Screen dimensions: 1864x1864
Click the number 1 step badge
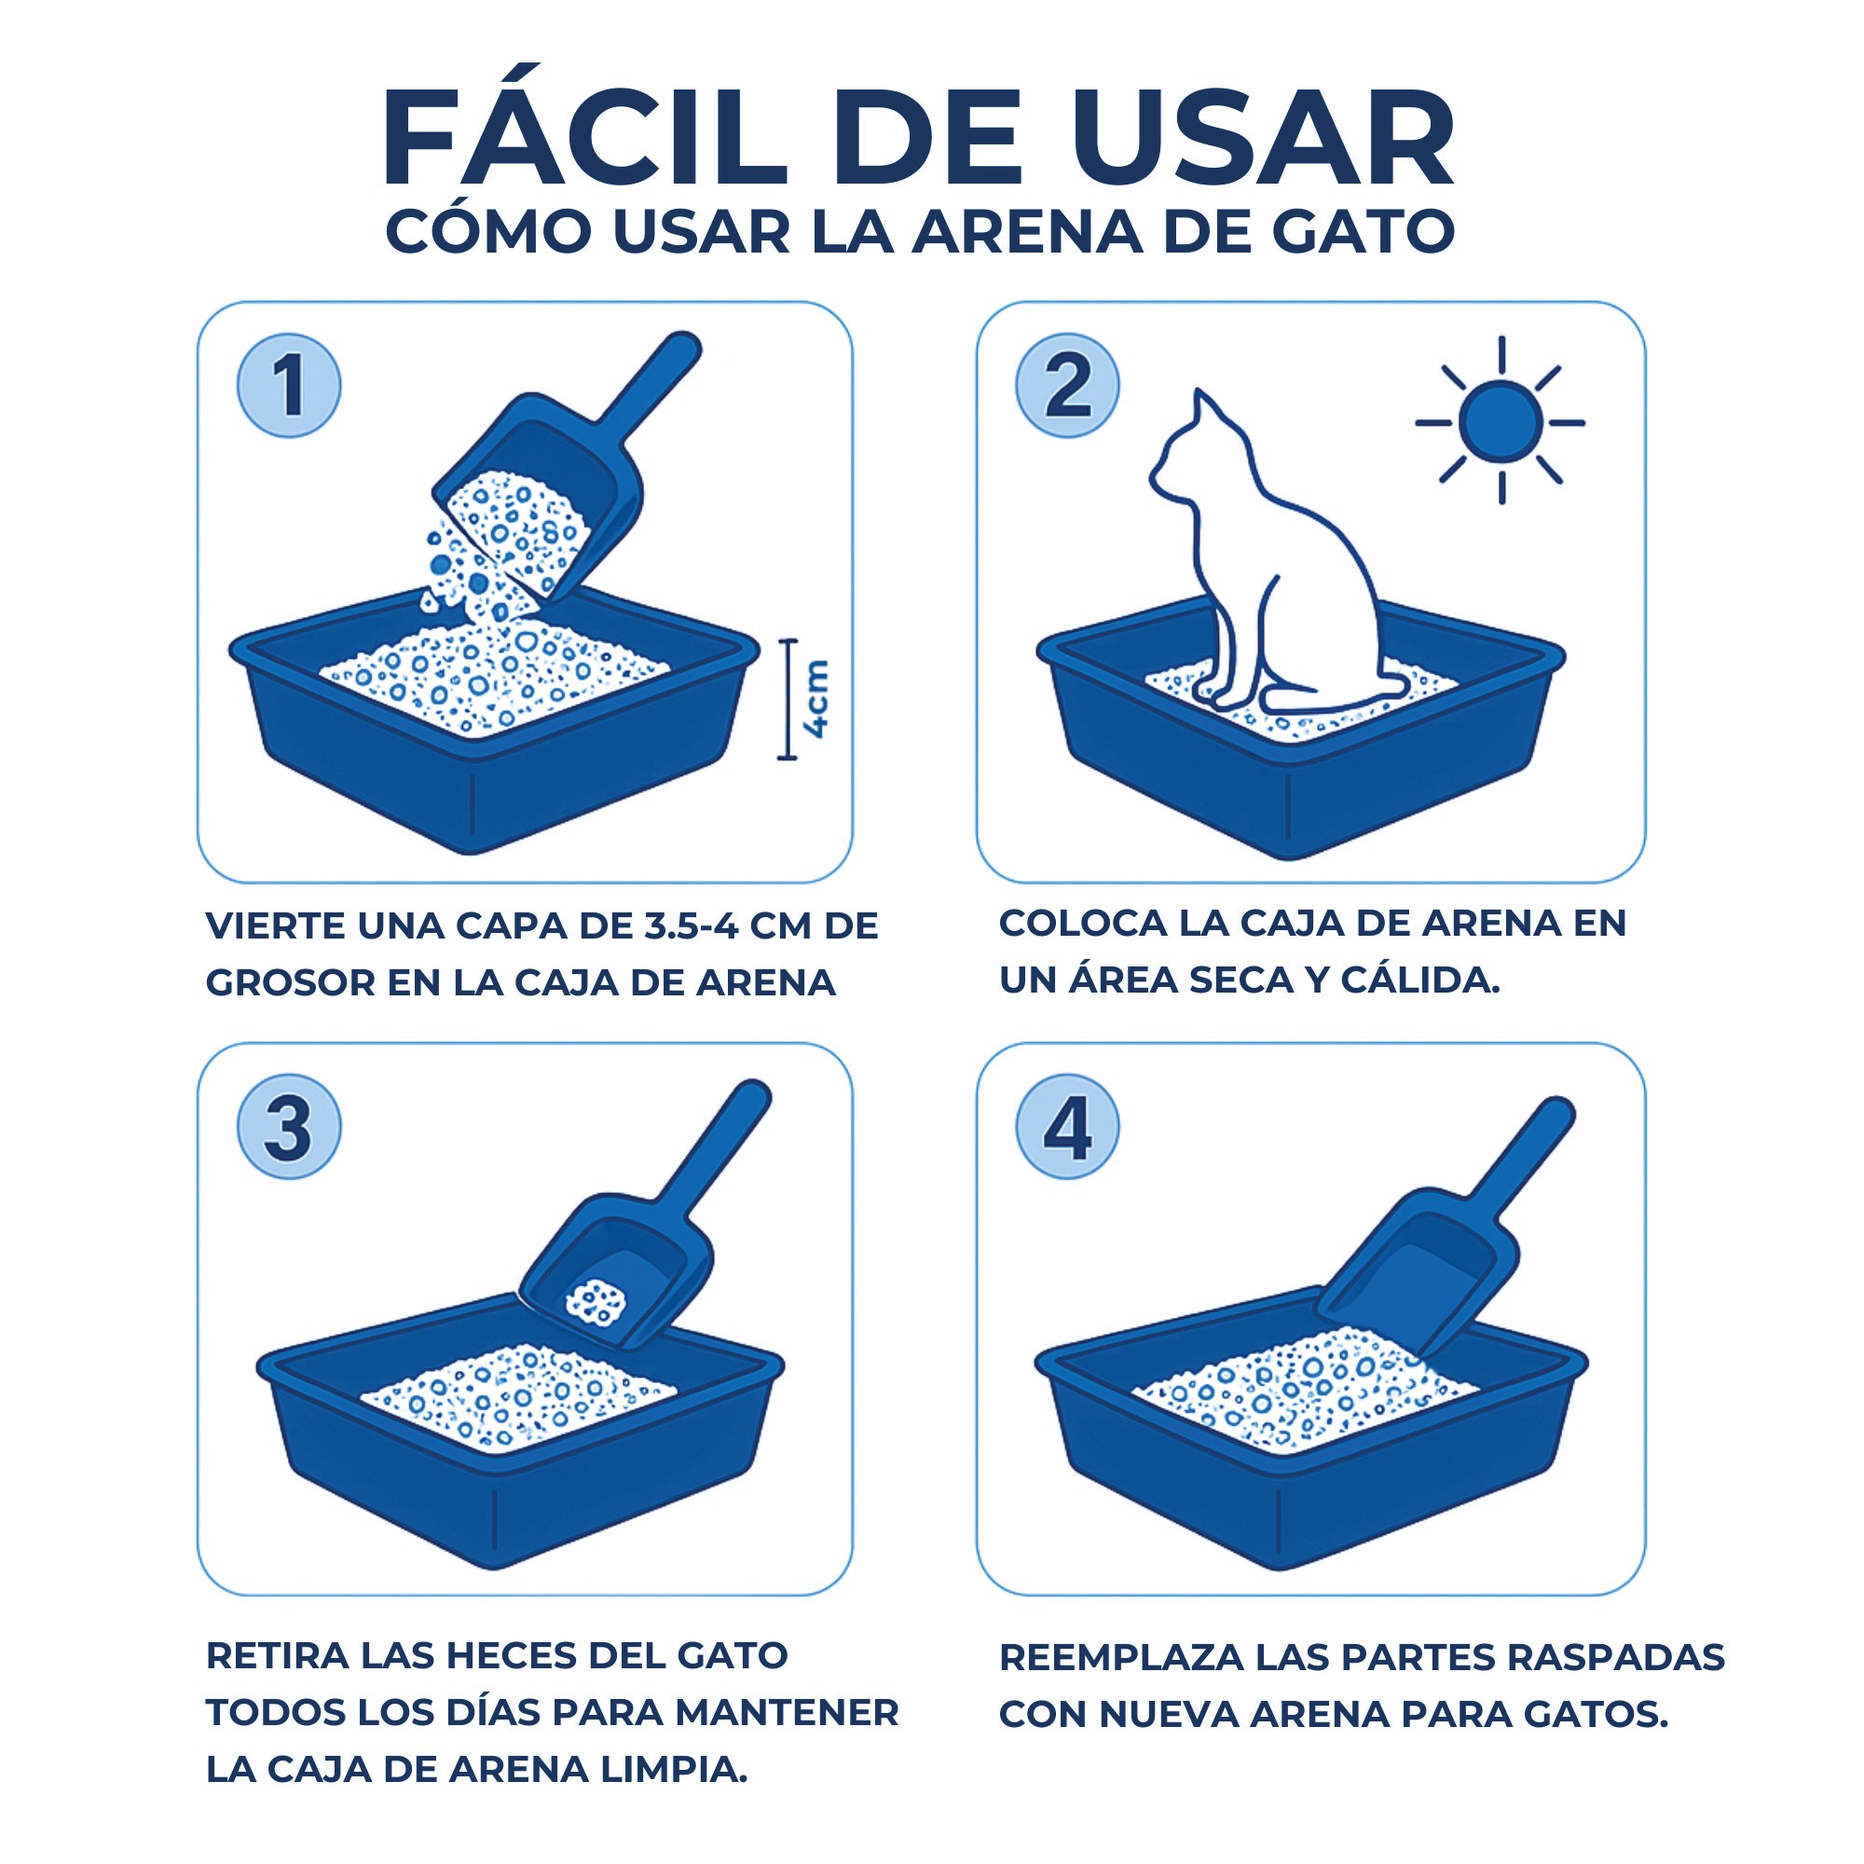289,386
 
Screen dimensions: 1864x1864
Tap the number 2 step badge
1067,386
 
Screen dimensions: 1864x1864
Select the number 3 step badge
289,1127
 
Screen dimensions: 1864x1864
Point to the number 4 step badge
1067,1127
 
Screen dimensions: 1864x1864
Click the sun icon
1501,421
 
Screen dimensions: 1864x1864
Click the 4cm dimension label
816,700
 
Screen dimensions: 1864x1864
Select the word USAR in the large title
1263,139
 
